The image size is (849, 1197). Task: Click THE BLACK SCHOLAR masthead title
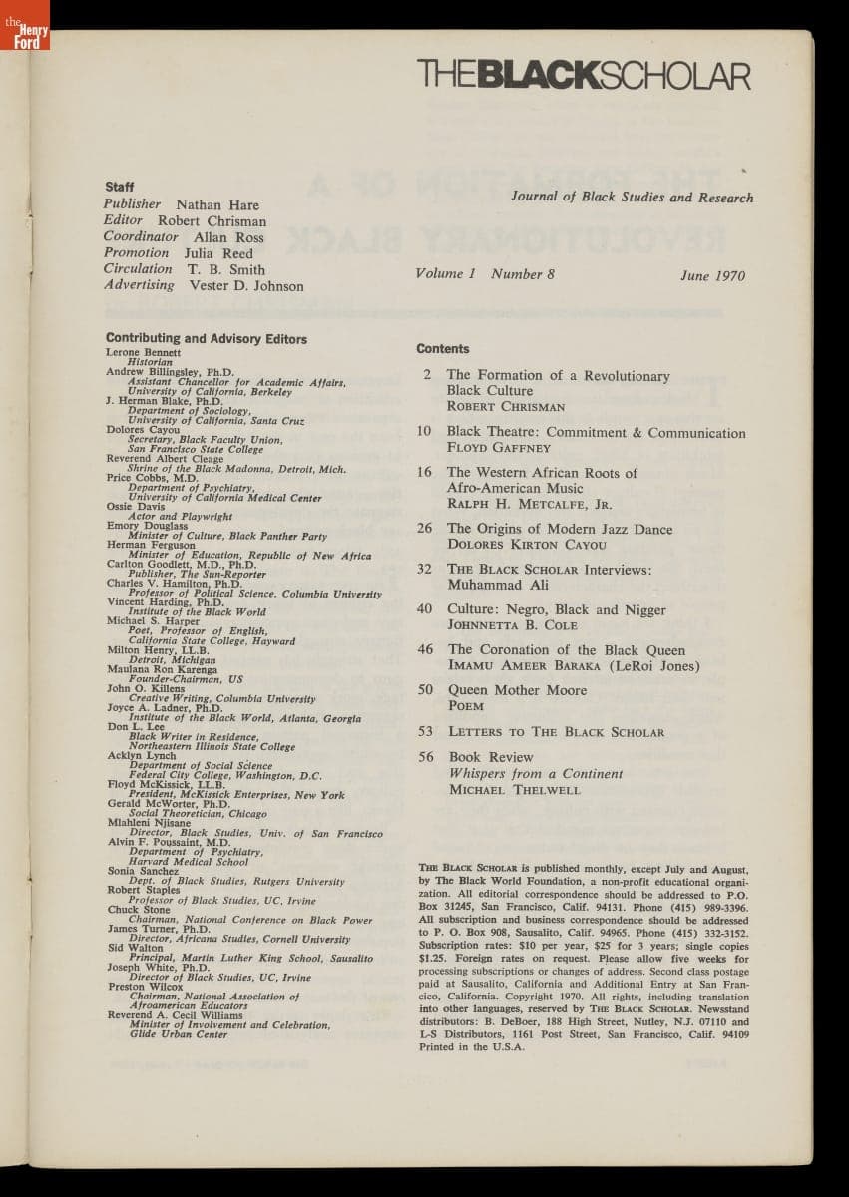point(584,76)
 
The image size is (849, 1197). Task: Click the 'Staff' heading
point(119,187)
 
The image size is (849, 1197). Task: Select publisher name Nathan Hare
point(216,205)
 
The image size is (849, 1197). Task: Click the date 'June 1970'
point(712,276)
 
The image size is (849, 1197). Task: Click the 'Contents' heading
point(443,349)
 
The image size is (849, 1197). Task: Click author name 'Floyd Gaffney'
point(498,449)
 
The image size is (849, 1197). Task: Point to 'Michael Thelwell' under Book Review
point(514,790)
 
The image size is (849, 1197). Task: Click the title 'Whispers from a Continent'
point(535,774)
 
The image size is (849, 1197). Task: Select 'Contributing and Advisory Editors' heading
point(207,339)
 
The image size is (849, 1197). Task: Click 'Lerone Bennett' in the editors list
point(144,353)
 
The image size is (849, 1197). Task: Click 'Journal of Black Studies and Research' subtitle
point(632,198)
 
